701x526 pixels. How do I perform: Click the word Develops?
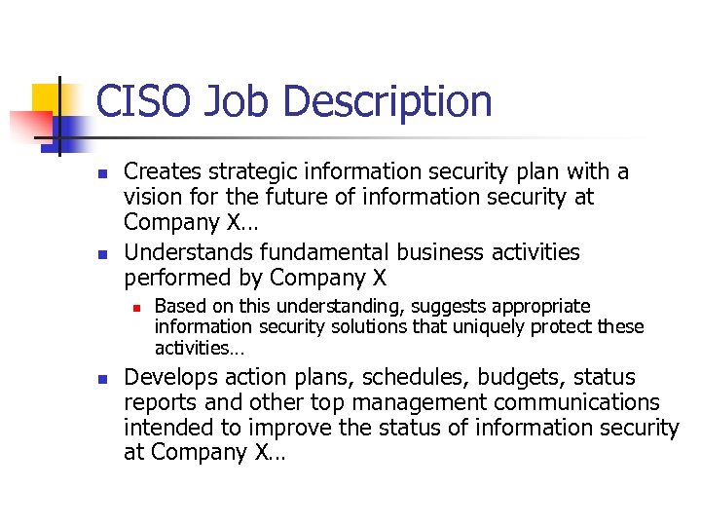[x=171, y=378]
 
